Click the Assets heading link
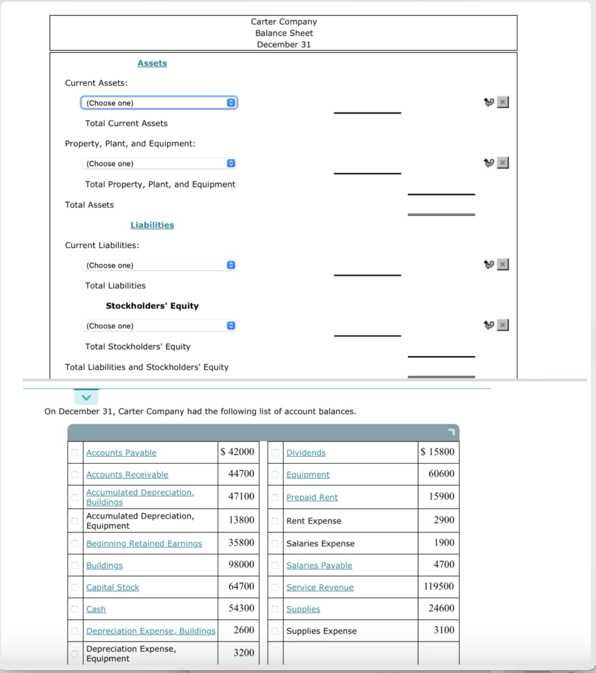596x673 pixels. (152, 63)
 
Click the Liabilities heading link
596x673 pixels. (152, 225)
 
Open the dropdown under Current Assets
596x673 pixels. (159, 103)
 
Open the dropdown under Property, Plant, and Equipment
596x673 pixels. (159, 164)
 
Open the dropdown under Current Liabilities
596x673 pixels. (159, 265)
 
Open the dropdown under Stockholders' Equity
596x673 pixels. (159, 326)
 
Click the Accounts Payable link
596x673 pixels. (121, 453)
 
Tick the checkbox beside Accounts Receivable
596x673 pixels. (75, 474)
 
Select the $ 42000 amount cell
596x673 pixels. (238, 452)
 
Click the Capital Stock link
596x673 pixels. (112, 587)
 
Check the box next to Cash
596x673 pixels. (75, 609)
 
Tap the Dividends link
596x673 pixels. (305, 453)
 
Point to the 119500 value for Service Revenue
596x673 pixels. (439, 586)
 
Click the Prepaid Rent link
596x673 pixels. (312, 497)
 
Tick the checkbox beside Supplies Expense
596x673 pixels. (275, 631)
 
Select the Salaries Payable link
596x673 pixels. (319, 566)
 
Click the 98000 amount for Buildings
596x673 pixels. (241, 565)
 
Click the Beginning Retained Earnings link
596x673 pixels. (144, 544)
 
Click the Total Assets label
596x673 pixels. (89, 205)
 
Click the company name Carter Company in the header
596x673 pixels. (283, 22)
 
